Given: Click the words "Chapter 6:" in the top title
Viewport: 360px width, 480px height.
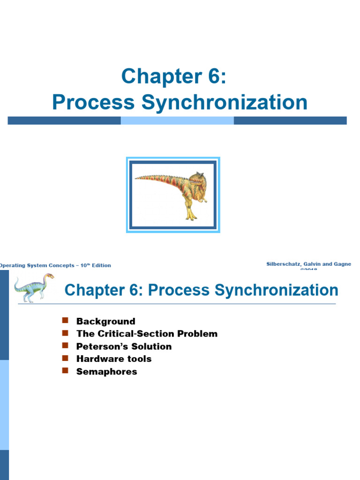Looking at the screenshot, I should pyautogui.click(x=174, y=76).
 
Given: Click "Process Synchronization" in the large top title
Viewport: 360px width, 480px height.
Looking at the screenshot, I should pyautogui.click(x=180, y=102).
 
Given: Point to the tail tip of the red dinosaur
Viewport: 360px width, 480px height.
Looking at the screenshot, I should pyautogui.click(x=137, y=178).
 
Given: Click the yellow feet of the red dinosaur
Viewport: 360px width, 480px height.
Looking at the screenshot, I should pyautogui.click(x=191, y=217).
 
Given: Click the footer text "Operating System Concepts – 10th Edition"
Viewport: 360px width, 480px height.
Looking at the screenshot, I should pyautogui.click(x=55, y=265).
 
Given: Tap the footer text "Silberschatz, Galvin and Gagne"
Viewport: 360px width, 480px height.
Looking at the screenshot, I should pyautogui.click(x=308, y=264).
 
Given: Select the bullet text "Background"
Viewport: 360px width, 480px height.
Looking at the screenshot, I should pyautogui.click(x=105, y=322).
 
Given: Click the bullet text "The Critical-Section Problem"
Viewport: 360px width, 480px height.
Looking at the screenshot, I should pyautogui.click(x=147, y=334).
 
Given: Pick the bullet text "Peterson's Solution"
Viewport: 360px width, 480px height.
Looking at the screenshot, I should pyautogui.click(x=124, y=346).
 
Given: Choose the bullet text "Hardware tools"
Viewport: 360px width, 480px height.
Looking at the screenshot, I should pyautogui.click(x=114, y=359).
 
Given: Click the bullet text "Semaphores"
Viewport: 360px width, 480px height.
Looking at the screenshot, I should pyautogui.click(x=106, y=372).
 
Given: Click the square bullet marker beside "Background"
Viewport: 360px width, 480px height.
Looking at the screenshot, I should pyautogui.click(x=65, y=321).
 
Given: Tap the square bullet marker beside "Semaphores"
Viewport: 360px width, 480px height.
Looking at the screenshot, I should pyautogui.click(x=65, y=371).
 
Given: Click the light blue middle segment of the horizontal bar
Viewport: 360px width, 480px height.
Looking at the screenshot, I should pyautogui.click(x=177, y=120).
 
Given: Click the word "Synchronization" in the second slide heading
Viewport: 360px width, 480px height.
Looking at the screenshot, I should pyautogui.click(x=277, y=290).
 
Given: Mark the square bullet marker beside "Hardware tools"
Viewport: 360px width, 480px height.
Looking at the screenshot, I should pyautogui.click(x=65, y=358).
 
